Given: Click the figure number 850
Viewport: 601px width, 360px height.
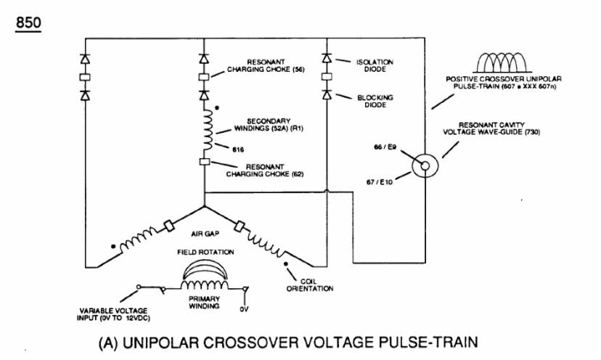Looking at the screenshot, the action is point(28,22).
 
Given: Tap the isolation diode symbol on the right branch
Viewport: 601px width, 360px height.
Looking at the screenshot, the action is point(327,58).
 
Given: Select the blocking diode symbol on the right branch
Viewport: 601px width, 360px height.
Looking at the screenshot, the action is point(327,94).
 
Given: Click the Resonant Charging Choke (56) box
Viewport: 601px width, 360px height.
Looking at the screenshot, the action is point(204,77).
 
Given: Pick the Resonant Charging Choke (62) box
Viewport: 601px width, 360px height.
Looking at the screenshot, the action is point(205,162).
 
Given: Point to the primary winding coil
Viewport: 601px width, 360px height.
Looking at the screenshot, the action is point(204,285).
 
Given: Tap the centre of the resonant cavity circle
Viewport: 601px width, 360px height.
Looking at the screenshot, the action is point(425,165).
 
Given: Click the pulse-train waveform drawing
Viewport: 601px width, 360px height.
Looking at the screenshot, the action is point(502,62).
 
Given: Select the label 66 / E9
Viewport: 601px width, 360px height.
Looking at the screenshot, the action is point(385,147).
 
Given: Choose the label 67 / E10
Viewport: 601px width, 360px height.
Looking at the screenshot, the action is point(380,182).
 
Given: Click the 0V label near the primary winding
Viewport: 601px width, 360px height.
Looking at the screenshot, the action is point(244,309).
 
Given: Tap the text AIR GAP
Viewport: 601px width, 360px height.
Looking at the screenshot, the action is point(205,234).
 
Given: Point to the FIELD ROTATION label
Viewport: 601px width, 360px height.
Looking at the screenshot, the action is point(205,253).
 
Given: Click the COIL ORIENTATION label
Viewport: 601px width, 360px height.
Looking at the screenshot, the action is point(310,285).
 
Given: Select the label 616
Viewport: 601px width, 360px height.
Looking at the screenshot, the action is point(238,150).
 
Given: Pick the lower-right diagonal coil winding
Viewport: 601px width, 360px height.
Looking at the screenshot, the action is point(266,245).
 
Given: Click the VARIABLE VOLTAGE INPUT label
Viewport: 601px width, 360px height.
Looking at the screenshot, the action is point(113,314).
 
